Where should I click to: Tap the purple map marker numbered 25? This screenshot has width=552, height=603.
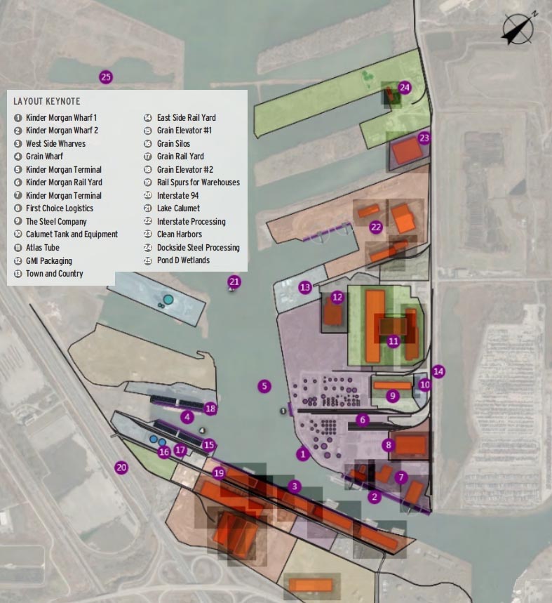pos(106,77)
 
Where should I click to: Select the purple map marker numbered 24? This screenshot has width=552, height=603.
pos(405,87)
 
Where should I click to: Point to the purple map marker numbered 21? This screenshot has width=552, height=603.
pos(234,282)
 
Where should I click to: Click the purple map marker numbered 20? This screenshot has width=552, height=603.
pos(121,467)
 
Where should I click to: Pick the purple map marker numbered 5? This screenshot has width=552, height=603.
pos(264,385)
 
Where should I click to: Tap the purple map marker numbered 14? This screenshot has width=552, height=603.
pos(439,371)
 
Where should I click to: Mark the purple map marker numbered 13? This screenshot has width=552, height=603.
pos(304,287)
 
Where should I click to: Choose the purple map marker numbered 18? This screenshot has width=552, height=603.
pos(210,409)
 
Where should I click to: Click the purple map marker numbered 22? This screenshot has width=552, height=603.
pos(376,227)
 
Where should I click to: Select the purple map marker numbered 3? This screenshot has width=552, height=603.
pos(295,486)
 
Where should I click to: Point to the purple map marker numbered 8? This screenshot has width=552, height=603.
pos(389,444)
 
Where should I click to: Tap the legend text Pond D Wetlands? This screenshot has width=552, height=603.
pos(183,260)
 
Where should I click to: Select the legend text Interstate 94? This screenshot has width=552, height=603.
pos(179,195)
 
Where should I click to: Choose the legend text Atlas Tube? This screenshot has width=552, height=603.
pos(43,248)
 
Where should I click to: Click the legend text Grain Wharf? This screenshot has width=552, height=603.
pos(44,157)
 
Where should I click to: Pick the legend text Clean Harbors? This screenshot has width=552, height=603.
pos(180,234)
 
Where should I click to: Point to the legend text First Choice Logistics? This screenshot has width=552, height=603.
pos(60,208)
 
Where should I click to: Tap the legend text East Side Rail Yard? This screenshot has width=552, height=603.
pos(186,118)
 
